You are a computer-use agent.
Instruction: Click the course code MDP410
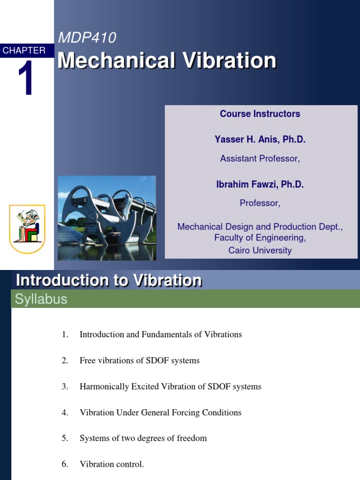coord(87,37)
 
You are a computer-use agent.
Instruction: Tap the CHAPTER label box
coord(24,51)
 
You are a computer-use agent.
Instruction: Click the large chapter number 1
coord(25,79)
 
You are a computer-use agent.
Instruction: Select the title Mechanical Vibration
coord(167,61)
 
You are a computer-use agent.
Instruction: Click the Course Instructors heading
coord(260,114)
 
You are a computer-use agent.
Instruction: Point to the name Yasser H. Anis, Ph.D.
coord(260,139)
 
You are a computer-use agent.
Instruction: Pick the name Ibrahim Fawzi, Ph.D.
coord(260,185)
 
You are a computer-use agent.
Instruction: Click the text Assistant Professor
coord(260,158)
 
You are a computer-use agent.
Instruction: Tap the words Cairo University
coord(260,250)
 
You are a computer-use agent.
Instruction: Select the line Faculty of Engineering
coord(260,238)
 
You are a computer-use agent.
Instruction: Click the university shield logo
coord(27,229)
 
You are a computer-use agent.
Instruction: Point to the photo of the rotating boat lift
coord(107,218)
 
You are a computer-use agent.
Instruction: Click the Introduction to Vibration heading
coord(109,281)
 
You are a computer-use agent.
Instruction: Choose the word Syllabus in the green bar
coord(41,299)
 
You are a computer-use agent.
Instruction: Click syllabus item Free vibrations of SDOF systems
coord(140,360)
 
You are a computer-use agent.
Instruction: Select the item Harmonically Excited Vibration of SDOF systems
coord(170,387)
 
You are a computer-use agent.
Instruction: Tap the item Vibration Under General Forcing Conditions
coord(160,412)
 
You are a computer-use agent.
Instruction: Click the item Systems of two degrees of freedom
coord(143,438)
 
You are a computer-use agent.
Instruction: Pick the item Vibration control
coord(112,465)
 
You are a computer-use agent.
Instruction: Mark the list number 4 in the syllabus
coord(65,412)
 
